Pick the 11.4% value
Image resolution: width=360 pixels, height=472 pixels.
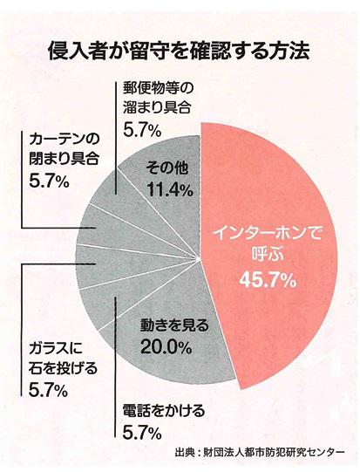(163, 188)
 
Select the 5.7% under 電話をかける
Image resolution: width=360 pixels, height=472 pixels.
(139, 431)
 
